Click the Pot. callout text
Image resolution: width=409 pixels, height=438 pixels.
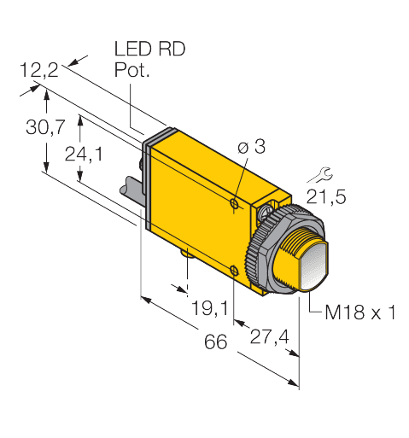pos(131,72)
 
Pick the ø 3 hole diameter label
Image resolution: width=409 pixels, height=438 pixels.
pos(250,148)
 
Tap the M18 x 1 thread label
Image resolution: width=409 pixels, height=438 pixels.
pos(359,312)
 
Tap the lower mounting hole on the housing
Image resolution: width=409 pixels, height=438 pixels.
pos(234,272)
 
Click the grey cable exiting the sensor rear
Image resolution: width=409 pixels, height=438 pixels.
pos(133,190)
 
